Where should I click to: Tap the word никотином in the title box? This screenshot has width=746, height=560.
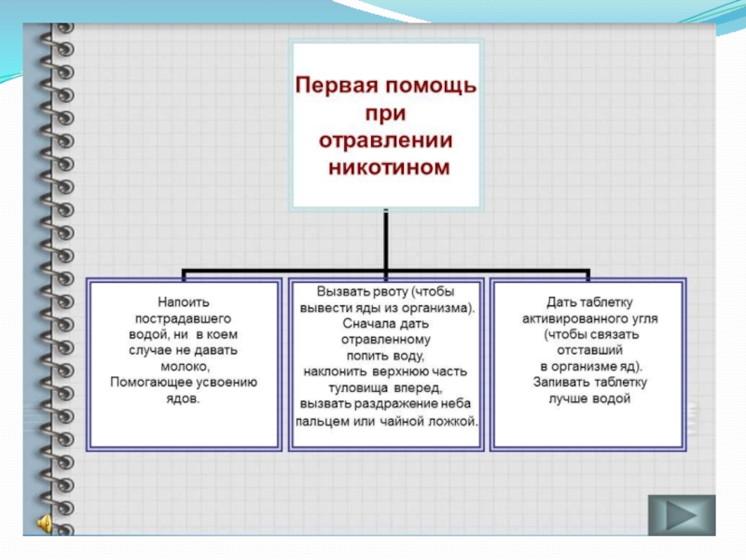pyautogui.click(x=388, y=169)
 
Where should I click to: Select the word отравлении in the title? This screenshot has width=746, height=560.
pyautogui.click(x=386, y=141)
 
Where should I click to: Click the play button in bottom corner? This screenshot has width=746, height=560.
pyautogui.click(x=681, y=514)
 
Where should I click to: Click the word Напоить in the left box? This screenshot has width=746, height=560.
pyautogui.click(x=183, y=302)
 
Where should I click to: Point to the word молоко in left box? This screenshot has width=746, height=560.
pyautogui.click(x=183, y=366)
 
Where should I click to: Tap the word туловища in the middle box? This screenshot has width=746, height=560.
pyautogui.click(x=349, y=386)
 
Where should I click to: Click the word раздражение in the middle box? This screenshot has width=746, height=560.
pyautogui.click(x=393, y=403)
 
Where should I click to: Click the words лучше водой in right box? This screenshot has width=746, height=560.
pyautogui.click(x=589, y=399)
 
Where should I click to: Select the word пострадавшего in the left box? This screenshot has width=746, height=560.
pyautogui.click(x=183, y=318)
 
